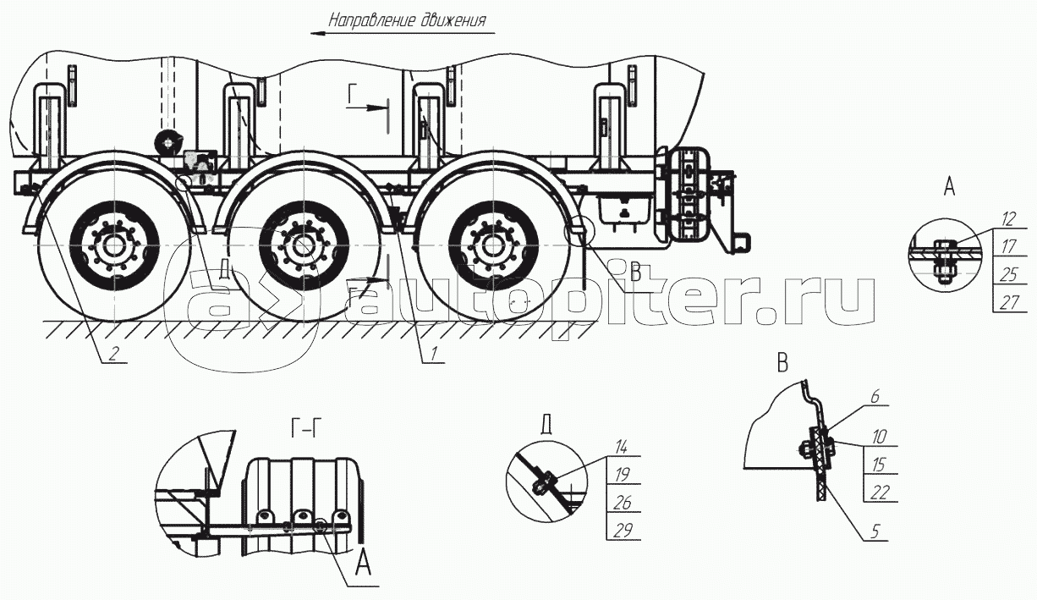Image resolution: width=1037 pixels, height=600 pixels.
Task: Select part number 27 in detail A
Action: coord(1007,303)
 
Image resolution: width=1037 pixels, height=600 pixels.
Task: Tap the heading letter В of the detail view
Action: coord(782,366)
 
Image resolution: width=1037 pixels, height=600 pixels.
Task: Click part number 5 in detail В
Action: coord(875,532)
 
